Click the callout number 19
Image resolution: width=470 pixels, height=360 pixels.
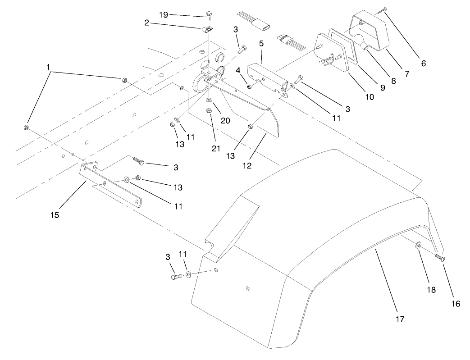coord(163,15)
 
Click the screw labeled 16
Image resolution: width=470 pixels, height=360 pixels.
coord(440,257)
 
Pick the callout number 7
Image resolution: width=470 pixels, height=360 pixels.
coord(406,73)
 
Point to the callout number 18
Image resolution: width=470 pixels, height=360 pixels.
coord(431,290)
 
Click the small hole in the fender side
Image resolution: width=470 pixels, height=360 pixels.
coord(248,288)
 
